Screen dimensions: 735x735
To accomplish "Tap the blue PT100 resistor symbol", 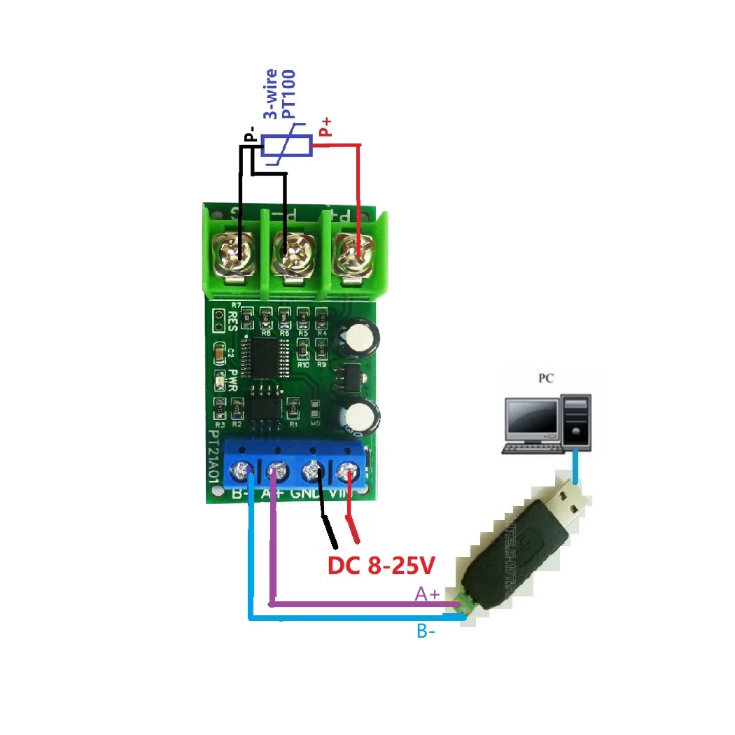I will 286,146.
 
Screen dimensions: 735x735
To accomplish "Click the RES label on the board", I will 234,321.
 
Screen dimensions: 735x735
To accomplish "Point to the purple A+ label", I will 427,594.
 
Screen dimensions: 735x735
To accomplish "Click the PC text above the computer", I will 546,379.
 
